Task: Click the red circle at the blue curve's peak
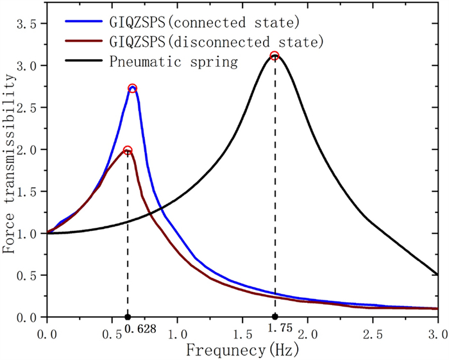point(133,89)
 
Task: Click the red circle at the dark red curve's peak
point(128,150)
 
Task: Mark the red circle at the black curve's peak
point(275,56)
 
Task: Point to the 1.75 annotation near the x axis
point(281,329)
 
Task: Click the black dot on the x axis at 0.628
point(128,317)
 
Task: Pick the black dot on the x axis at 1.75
point(275,317)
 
